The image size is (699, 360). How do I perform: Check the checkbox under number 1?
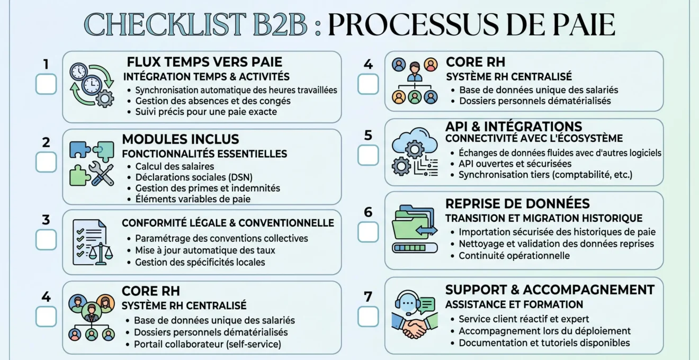(46, 84)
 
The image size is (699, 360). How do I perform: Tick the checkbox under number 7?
(368, 317)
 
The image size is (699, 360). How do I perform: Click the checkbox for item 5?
(368, 155)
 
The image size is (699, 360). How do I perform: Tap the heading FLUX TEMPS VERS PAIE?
(204, 62)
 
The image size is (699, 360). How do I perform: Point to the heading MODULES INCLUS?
(181, 139)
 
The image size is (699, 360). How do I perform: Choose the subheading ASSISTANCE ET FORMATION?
(514, 304)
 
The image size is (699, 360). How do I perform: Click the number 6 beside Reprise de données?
(368, 212)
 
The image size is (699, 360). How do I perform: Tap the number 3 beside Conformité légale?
(46, 220)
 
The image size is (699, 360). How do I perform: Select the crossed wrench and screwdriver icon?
(101, 174)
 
